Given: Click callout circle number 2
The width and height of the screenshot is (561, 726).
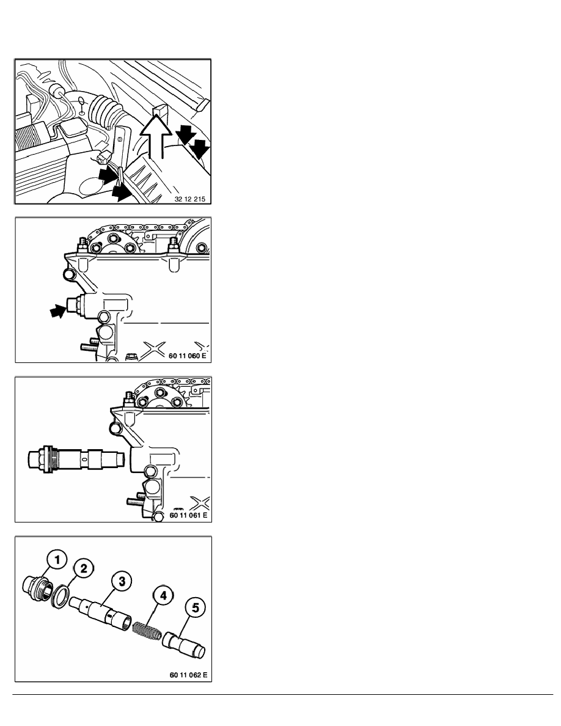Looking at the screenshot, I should click(x=85, y=567).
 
